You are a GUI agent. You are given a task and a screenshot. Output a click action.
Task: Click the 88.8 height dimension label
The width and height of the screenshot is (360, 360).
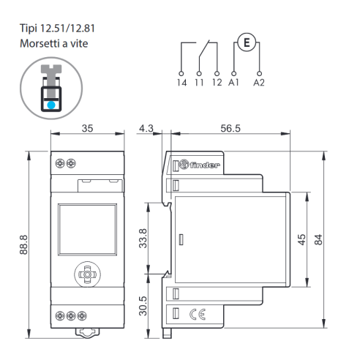point(23,244)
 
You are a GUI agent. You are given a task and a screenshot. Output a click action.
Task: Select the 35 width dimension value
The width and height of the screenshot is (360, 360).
point(87,128)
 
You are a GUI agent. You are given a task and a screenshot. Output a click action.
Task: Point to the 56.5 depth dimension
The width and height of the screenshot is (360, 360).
point(230,128)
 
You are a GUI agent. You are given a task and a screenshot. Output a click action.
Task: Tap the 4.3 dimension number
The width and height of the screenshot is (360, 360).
point(146,128)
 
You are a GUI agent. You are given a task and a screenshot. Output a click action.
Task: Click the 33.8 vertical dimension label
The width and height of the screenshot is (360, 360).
point(143,239)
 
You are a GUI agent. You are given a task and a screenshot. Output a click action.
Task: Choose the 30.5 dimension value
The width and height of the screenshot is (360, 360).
point(143,306)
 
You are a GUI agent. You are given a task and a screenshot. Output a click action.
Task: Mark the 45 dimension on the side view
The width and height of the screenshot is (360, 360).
point(301,239)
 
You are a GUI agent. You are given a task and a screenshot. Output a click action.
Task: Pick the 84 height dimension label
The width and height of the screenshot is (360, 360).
point(318,239)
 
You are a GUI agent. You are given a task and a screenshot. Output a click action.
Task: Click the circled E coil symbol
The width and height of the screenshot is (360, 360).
point(247,42)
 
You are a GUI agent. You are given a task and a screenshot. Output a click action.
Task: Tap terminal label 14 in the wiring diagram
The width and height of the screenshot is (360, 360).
point(182,83)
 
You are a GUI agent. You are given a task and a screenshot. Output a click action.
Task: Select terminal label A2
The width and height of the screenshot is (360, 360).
point(259,83)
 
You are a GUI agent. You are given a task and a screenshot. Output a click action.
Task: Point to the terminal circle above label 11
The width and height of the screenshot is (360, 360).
point(199,73)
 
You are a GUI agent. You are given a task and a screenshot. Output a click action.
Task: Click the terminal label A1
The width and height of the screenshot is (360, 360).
point(233,83)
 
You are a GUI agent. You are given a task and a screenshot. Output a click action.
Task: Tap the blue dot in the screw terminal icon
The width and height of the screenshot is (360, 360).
point(51,105)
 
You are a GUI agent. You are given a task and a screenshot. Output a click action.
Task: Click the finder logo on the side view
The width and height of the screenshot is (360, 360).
point(200,165)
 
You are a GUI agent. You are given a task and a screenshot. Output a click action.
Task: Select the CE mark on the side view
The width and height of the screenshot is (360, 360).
point(198,314)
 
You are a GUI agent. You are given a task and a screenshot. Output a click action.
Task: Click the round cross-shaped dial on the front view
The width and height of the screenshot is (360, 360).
point(87,274)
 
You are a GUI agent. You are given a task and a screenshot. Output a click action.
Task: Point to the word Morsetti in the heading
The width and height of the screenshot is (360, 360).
point(40,44)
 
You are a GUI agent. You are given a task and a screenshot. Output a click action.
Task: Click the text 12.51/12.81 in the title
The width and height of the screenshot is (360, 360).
point(67,29)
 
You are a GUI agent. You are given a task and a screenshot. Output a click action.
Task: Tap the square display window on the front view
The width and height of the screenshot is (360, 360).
point(87,230)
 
